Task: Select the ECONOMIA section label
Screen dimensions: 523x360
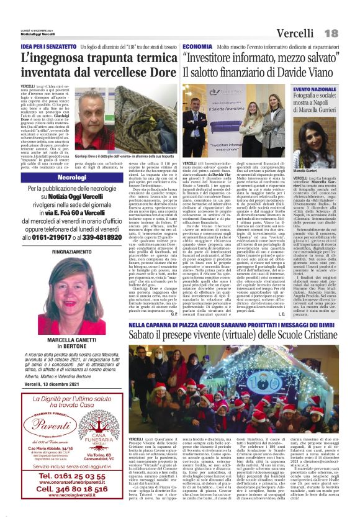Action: pyautogui.click(x=197, y=47)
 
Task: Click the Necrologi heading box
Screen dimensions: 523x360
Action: pyautogui.click(x=72, y=177)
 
